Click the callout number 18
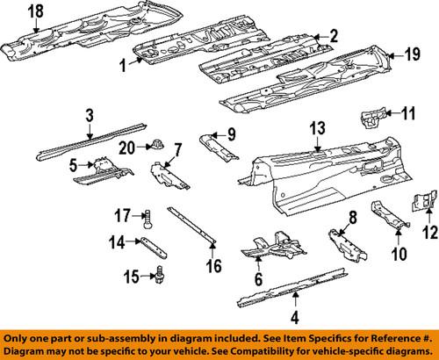click(34, 11)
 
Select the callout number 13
click(316, 128)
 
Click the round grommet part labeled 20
click(156, 144)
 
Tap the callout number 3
click(90, 114)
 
